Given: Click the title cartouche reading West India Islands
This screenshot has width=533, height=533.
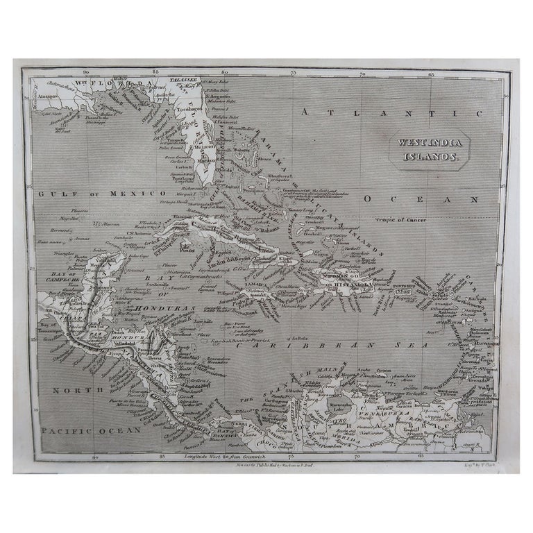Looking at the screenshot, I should (428, 149).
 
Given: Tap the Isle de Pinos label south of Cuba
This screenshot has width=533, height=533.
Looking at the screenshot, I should (187, 247).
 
